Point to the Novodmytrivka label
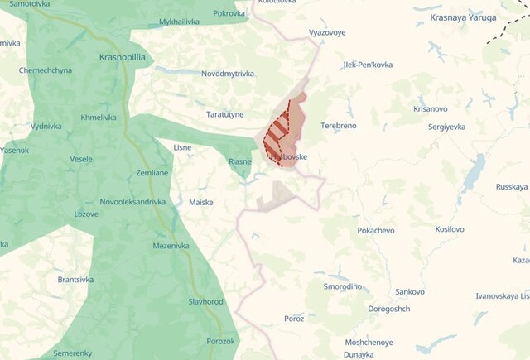pos(228,74)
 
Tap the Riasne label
pos(240,161)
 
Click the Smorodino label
pos(343,286)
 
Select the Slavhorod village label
pos(205,302)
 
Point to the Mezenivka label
pos(171,246)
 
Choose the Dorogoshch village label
pos(389,309)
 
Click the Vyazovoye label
pos(326,32)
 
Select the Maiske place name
pos(201,202)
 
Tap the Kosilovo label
pos(450,229)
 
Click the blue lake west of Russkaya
pos(473,175)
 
